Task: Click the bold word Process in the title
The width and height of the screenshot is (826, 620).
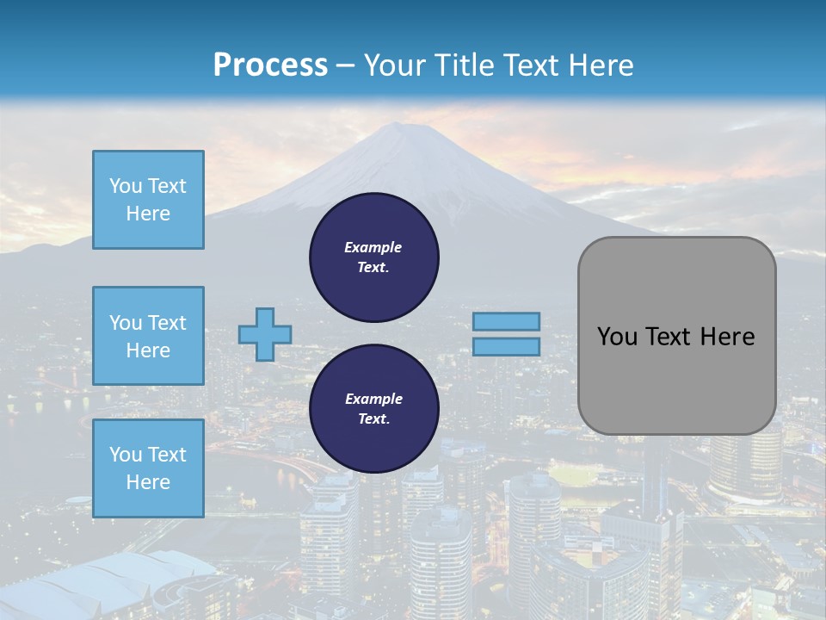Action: (x=270, y=65)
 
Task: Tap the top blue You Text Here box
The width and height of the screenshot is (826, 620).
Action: (x=148, y=200)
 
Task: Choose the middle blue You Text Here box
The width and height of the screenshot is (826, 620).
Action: (x=148, y=336)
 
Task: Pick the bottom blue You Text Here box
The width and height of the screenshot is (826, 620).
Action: (x=148, y=468)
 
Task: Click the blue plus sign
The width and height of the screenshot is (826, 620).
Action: (x=265, y=334)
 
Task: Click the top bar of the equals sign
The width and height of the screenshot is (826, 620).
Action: (x=506, y=321)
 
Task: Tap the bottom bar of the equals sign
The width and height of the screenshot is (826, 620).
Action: (x=506, y=346)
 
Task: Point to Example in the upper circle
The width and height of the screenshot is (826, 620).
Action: (x=373, y=247)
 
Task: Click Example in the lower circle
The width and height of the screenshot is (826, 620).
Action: (x=373, y=399)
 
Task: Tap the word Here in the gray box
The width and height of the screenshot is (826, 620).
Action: (x=727, y=337)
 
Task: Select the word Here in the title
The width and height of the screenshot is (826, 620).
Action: (x=599, y=65)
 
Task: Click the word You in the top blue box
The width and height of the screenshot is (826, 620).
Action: (x=125, y=186)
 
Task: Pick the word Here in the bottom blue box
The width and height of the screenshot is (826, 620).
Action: (x=148, y=482)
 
